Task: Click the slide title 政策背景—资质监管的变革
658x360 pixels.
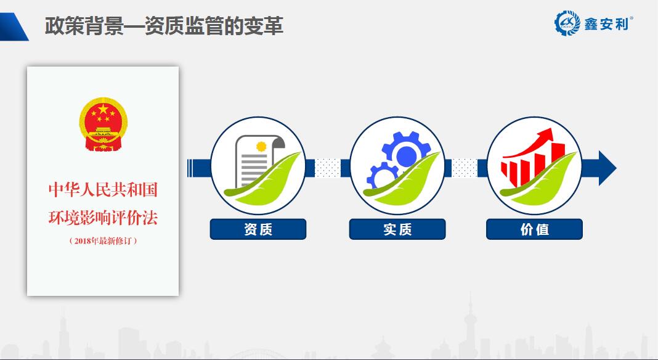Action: (x=164, y=26)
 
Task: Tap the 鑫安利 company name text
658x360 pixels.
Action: (x=607, y=24)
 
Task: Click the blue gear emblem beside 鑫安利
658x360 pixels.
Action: (x=567, y=23)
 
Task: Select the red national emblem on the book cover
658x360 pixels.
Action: (x=103, y=125)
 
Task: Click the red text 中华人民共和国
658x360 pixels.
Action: (x=103, y=189)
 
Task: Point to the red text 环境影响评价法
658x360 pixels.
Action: (x=103, y=218)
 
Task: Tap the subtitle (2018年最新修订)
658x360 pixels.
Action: (x=104, y=240)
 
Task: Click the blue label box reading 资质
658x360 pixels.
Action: (x=258, y=229)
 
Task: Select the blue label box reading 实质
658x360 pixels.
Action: (x=397, y=229)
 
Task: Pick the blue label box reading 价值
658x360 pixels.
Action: (x=534, y=229)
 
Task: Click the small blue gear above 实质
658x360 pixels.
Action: (x=383, y=176)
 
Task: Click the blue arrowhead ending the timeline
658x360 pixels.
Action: (x=607, y=168)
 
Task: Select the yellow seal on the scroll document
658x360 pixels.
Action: (x=261, y=146)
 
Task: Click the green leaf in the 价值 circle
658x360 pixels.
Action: (x=538, y=180)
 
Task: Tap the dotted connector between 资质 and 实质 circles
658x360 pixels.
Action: (x=327, y=168)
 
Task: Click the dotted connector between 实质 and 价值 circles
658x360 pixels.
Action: (x=465, y=168)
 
